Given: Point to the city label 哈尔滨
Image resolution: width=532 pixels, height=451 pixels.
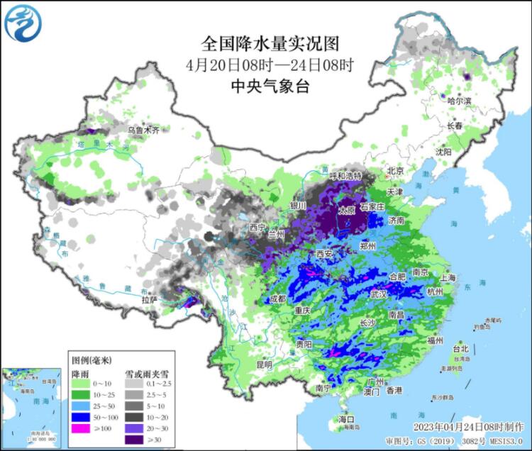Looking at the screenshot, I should (x=459, y=101).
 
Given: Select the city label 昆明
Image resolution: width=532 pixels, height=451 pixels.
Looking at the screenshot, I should (x=264, y=364).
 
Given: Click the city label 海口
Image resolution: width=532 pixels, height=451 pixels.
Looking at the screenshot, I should (x=345, y=420).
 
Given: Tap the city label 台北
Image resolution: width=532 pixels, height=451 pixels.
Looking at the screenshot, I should (x=460, y=348).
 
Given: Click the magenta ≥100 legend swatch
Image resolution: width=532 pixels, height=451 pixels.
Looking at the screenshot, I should (x=82, y=428).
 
